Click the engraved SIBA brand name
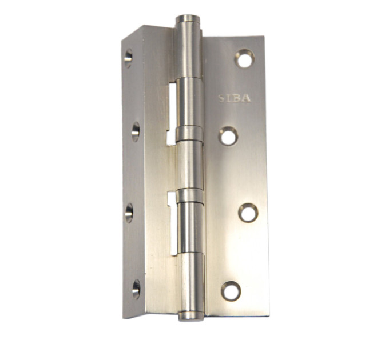click(235, 98)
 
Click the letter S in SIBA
click(221, 98)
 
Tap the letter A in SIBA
click(247, 98)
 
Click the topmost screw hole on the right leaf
click(245, 59)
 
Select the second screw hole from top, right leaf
click(228, 136)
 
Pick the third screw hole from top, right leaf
click(248, 213)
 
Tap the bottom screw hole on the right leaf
click(231, 291)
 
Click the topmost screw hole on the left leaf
click(128, 58)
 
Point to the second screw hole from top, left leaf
click(135, 132)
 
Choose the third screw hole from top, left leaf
click(129, 213)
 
